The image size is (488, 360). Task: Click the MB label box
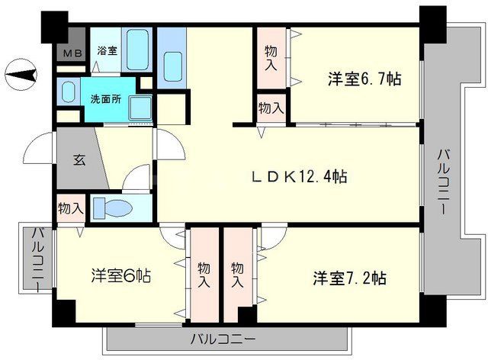(x=72, y=53)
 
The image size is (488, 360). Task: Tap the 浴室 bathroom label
(x=107, y=52)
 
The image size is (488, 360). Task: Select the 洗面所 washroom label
(x=105, y=99)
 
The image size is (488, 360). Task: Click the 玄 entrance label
(x=79, y=160)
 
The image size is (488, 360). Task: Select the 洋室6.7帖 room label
(x=365, y=78)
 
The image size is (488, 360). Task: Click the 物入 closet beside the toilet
(x=71, y=207)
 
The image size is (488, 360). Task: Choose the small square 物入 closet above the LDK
(x=270, y=108)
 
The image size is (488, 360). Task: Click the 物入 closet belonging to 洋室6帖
(x=204, y=275)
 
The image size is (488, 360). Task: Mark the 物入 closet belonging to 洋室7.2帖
(x=237, y=275)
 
